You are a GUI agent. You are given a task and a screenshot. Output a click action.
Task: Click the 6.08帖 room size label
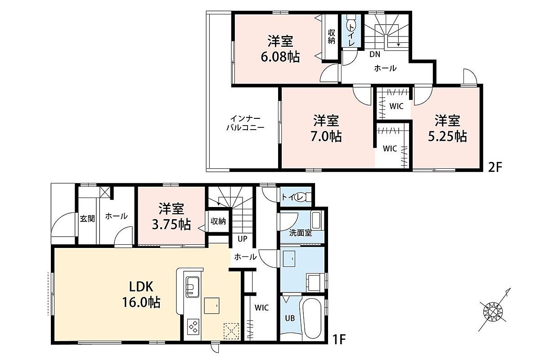(x=280, y=58)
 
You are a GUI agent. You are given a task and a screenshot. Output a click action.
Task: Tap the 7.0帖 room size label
(x=326, y=136)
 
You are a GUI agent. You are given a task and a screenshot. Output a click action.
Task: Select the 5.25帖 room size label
(x=447, y=136)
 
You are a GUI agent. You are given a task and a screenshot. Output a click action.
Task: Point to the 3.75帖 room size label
(x=171, y=225)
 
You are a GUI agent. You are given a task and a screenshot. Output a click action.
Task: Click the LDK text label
(x=141, y=287)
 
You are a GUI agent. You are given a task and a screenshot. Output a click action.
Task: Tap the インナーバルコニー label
(x=245, y=123)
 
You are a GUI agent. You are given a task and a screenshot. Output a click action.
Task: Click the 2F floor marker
(x=495, y=167)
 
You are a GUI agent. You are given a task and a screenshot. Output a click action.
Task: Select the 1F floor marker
(x=339, y=340)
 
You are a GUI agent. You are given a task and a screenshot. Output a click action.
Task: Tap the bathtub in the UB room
(x=312, y=318)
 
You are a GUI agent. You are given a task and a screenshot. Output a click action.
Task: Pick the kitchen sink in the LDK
(x=193, y=287)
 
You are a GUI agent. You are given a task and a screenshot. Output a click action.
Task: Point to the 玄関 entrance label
(x=87, y=219)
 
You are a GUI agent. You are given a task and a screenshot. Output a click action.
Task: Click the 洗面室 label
(x=301, y=233)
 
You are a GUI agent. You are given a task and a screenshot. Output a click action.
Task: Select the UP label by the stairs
(x=243, y=238)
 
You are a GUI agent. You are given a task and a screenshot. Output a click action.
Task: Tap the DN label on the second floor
(x=375, y=54)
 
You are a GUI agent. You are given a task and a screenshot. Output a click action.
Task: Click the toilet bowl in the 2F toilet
(x=350, y=26)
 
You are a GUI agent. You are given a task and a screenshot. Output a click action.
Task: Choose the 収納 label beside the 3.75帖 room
(x=218, y=221)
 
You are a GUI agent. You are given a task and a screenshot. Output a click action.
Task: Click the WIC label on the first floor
(x=262, y=308)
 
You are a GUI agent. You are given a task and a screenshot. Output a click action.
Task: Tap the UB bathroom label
(x=290, y=318)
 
